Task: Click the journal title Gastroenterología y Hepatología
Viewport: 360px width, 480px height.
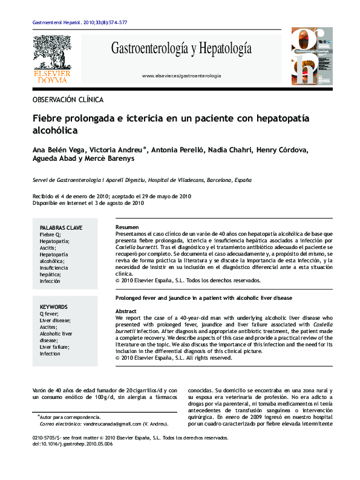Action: (x=181, y=49)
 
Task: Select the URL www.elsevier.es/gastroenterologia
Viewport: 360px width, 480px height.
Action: (x=181, y=76)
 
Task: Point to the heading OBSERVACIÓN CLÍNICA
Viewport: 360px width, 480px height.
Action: (x=68, y=99)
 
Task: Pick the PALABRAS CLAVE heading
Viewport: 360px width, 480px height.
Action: (x=61, y=227)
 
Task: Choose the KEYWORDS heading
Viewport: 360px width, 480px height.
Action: (x=54, y=307)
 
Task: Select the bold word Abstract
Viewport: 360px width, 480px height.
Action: (x=126, y=311)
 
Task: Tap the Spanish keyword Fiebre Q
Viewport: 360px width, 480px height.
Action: (x=51, y=234)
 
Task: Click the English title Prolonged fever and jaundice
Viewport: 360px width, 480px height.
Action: (x=203, y=299)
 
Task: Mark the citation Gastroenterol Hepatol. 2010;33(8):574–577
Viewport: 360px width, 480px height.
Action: (x=79, y=22)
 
